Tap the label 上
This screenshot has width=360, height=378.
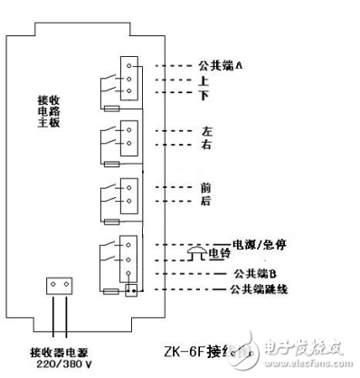(204, 80)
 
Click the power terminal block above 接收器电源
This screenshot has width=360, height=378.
(60, 286)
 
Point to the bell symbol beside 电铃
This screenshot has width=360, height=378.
(196, 254)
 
